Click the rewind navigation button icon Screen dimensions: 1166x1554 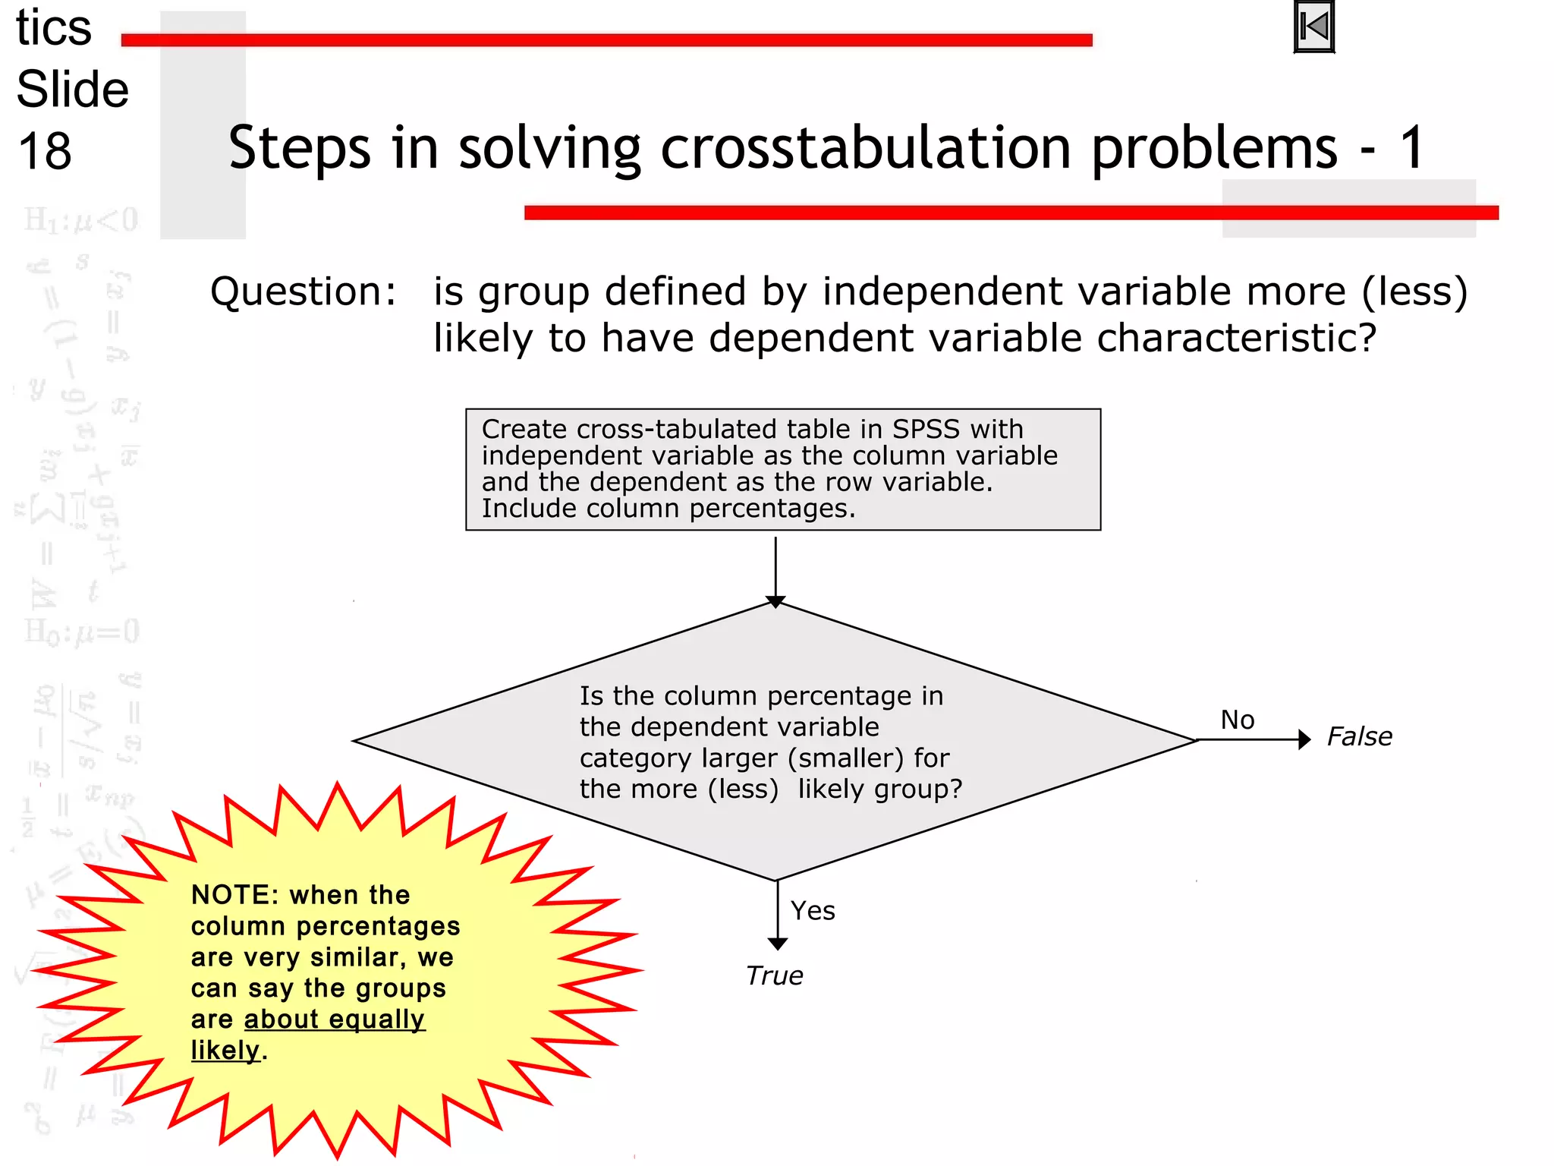(x=1313, y=27)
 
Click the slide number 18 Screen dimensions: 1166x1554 (x=45, y=151)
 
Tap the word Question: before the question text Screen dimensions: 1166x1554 (x=303, y=292)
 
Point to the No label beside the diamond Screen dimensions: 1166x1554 (x=1237, y=720)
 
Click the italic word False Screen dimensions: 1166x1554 (x=1359, y=737)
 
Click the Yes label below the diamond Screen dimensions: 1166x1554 (x=813, y=910)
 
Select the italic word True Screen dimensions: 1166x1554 (x=773, y=975)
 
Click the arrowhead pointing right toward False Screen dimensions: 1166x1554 (x=1304, y=739)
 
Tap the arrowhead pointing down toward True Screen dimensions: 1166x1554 (x=777, y=944)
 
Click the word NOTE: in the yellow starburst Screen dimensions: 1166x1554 (x=234, y=895)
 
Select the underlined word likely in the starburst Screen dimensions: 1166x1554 (x=225, y=1051)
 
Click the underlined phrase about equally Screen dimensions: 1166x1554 (x=334, y=1019)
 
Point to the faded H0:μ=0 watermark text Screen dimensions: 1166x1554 (x=82, y=632)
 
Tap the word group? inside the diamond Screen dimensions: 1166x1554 (x=917, y=789)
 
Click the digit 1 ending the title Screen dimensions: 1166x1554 (x=1411, y=148)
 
